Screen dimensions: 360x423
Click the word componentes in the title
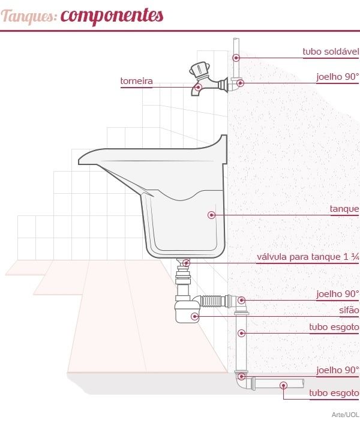[x=112, y=16]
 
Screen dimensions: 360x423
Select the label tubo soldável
[x=331, y=51]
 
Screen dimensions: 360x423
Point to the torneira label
[x=137, y=80]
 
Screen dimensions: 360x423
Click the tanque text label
[x=344, y=209]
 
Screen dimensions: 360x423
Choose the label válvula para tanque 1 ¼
[x=308, y=257]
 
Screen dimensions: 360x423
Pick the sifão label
[x=349, y=310]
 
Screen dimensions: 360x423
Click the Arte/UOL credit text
[x=345, y=415]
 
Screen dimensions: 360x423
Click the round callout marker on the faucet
[x=198, y=87]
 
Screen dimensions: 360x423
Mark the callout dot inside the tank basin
[x=212, y=215]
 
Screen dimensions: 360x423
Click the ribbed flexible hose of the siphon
[x=211, y=301]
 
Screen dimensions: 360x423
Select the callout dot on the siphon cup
[x=194, y=316]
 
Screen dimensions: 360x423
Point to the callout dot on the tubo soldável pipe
[x=236, y=58]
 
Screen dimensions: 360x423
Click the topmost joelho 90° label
[x=338, y=77]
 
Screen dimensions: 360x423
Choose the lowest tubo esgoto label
[x=334, y=393]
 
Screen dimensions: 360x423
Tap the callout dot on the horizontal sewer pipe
[x=283, y=386]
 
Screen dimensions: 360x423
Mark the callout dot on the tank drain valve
[x=186, y=262]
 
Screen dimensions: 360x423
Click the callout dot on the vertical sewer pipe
[x=242, y=333]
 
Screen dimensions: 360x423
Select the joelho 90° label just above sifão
[x=338, y=294]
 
